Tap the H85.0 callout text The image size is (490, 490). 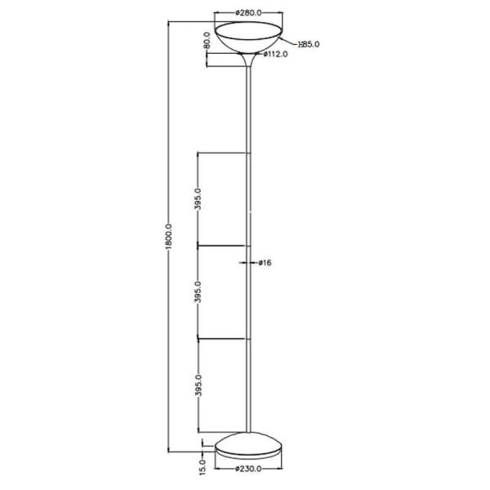(308, 44)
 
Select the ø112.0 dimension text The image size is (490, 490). (277, 55)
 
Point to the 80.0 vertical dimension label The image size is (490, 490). (207, 40)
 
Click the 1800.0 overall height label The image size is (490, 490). (168, 237)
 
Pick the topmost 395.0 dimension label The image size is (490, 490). (198, 198)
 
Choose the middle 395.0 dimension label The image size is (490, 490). (198, 292)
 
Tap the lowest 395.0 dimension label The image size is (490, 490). (198, 385)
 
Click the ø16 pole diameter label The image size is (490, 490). (264, 263)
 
